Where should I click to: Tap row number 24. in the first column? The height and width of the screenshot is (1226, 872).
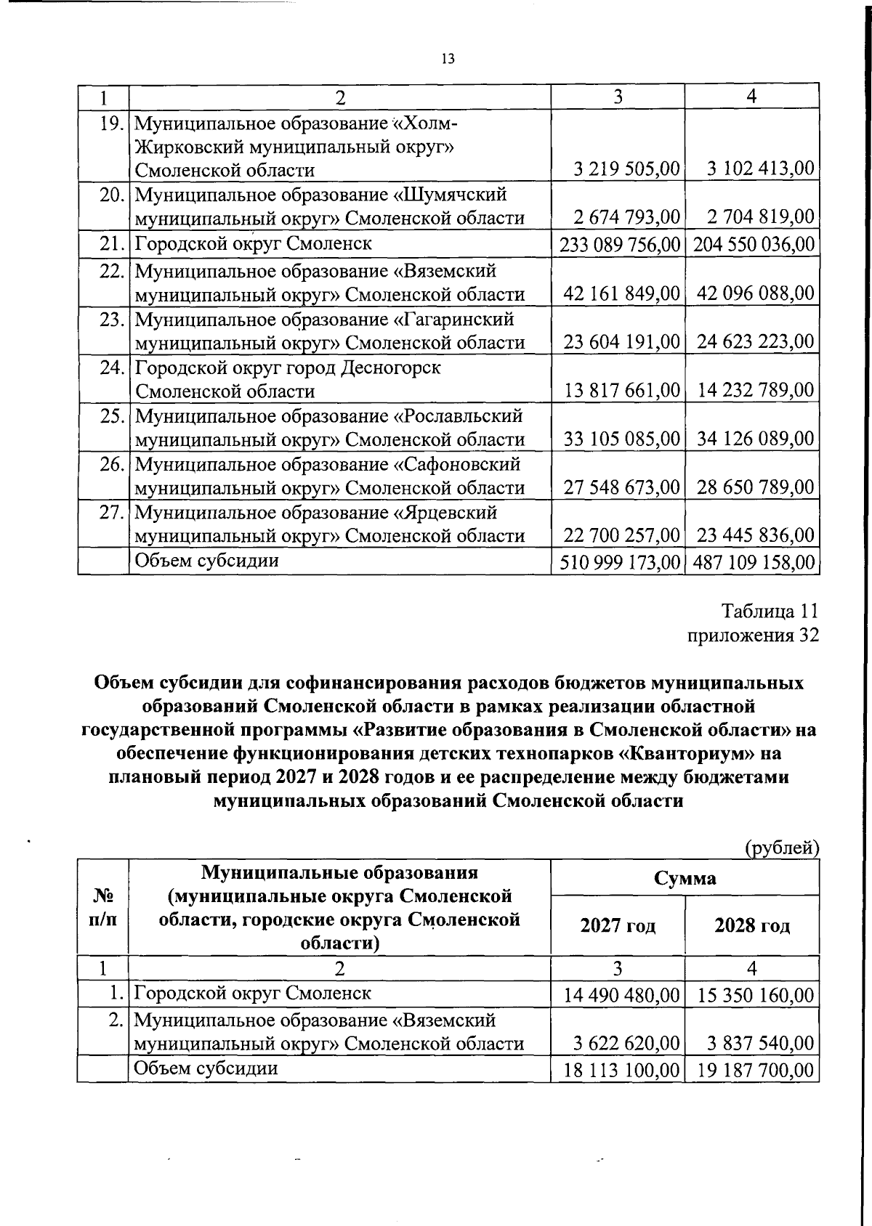[x=111, y=368]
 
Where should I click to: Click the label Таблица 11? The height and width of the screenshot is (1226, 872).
[x=770, y=609]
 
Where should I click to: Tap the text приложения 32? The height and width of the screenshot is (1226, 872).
[x=753, y=635]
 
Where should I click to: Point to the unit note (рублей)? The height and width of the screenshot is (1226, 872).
[x=781, y=848]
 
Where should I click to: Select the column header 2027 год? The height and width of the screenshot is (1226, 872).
[x=618, y=926]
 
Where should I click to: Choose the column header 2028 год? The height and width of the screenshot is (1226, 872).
[x=752, y=926]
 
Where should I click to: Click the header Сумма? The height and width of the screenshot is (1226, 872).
[x=685, y=878]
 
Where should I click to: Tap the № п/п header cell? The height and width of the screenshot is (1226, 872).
[x=102, y=908]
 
